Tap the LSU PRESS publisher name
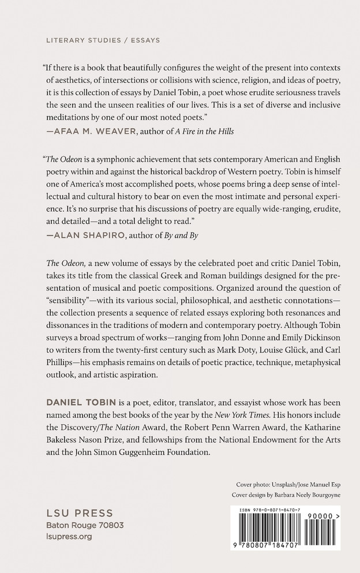point(79,514)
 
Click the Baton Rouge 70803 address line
point(85,526)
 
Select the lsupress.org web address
point(68,537)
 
